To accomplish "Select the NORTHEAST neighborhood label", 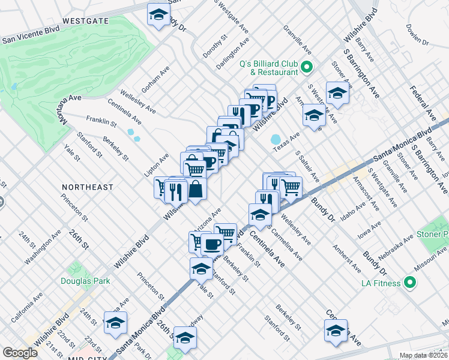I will click(88, 187).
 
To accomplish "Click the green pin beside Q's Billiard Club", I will click(306, 67).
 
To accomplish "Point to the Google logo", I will click(20, 353).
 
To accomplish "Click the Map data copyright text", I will click(423, 355).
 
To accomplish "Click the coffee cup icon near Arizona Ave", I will click(212, 244).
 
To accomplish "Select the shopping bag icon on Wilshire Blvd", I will click(196, 189).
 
